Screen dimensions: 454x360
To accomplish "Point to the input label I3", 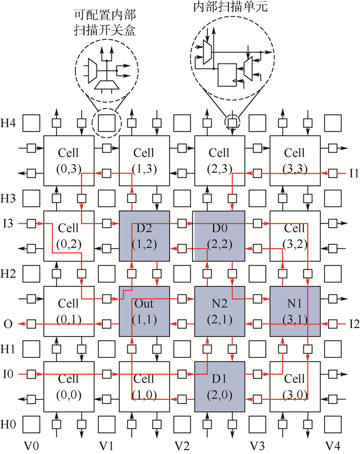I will [x=8, y=224].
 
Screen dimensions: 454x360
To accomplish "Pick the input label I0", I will [x=8, y=374].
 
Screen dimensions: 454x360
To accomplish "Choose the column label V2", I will [x=181, y=444].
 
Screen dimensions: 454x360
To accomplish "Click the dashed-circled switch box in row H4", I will [x=106, y=123].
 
